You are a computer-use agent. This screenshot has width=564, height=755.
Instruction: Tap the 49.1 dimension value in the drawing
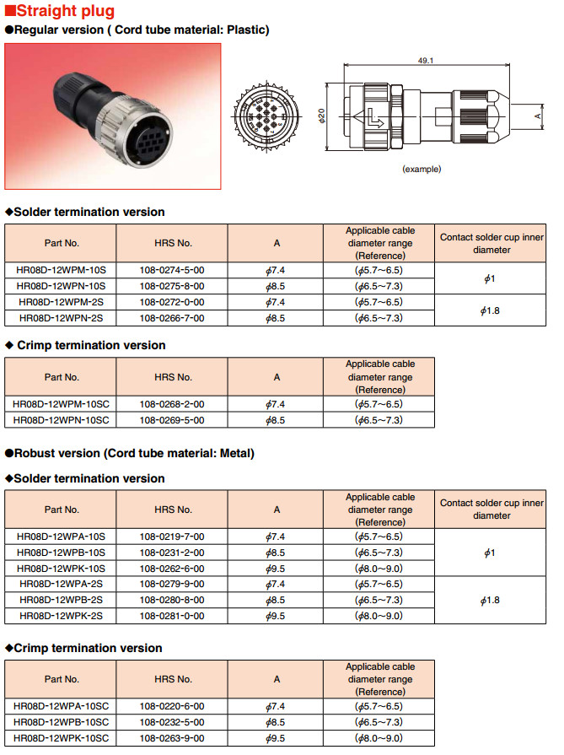coord(426,61)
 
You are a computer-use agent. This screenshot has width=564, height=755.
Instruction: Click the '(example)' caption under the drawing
coord(422,169)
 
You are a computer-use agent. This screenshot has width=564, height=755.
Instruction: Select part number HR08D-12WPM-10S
coord(61,270)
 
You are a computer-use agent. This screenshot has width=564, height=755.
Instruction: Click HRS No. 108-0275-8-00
coord(172,286)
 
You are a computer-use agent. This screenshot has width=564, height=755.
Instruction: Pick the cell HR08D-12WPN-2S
coord(61,318)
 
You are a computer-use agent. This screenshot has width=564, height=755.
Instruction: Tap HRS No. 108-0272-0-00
coord(172,302)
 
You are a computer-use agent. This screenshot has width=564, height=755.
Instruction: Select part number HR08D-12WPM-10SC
coord(61,404)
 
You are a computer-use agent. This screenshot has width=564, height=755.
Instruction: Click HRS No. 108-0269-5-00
coord(172,420)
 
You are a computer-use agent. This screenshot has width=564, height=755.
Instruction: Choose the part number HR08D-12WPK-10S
coord(61,569)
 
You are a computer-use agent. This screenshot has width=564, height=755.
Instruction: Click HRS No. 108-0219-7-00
coord(172,537)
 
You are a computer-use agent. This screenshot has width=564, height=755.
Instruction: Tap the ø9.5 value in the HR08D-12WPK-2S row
coord(276,617)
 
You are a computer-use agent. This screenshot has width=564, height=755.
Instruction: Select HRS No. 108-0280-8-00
coord(172,601)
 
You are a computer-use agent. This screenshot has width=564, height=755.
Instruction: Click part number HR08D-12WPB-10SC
coord(61,722)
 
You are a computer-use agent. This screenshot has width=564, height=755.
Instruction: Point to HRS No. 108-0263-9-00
coord(172,738)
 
